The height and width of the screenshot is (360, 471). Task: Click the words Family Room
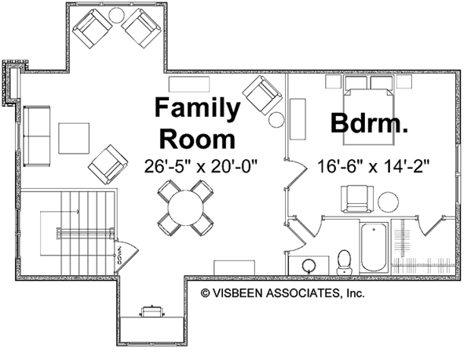tap(197, 124)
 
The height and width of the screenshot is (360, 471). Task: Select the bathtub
tap(374, 247)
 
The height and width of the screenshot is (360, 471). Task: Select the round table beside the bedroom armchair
tap(389, 202)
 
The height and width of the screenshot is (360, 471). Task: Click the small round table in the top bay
tap(115, 15)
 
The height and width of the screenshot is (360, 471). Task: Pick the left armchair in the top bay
tap(91, 30)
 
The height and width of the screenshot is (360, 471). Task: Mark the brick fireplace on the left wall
tap(12, 81)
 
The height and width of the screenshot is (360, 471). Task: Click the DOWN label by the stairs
tap(116, 253)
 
